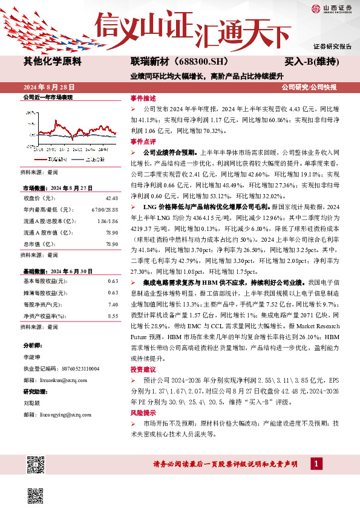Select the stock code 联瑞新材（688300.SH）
point(171,61)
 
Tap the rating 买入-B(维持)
point(312,62)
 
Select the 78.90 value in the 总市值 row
point(111,244)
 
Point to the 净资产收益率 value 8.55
point(113,316)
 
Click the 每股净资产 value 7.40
point(113,305)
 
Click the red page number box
point(316,463)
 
